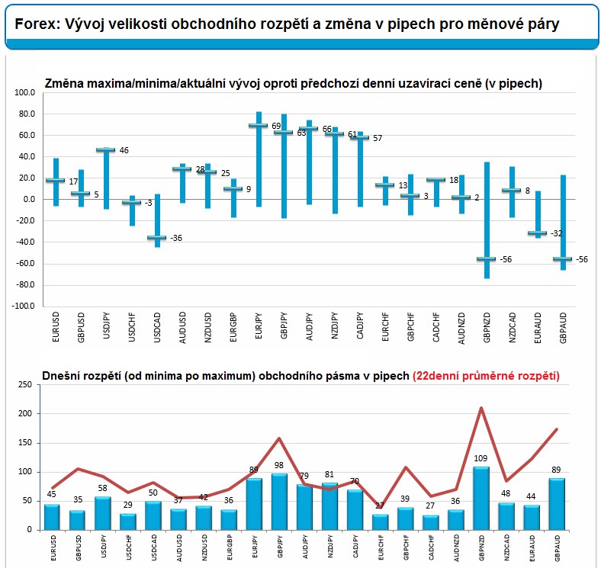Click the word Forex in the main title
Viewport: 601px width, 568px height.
pyautogui.click(x=37, y=24)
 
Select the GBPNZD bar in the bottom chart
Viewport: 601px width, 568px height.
pyautogui.click(x=481, y=499)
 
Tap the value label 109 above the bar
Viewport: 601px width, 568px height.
pyautogui.click(x=480, y=458)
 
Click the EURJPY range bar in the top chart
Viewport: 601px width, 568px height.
pyautogui.click(x=259, y=159)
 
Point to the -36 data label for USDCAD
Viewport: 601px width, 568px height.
pyautogui.click(x=176, y=238)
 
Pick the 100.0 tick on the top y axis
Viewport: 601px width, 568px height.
pyautogui.click(x=24, y=92)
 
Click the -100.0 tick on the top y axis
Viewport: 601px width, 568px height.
pyautogui.click(x=23, y=306)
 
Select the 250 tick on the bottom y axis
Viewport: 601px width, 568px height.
pyautogui.click(x=25, y=384)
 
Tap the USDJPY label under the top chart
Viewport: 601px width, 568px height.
pyautogui.click(x=107, y=326)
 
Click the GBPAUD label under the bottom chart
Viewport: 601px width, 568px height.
pyautogui.click(x=558, y=548)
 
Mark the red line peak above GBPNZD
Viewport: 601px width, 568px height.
pyautogui.click(x=481, y=408)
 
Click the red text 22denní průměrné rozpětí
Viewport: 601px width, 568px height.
pyautogui.click(x=486, y=376)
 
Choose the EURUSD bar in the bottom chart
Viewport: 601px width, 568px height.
pyautogui.click(x=52, y=517)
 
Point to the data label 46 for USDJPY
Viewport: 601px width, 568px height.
pyautogui.click(x=124, y=150)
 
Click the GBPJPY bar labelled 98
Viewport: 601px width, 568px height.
pyautogui.click(x=279, y=502)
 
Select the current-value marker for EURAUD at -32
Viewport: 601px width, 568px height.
pyautogui.click(x=538, y=233)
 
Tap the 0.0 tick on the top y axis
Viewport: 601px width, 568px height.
pyautogui.click(x=29, y=199)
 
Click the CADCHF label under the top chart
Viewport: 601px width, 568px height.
pyautogui.click(x=435, y=327)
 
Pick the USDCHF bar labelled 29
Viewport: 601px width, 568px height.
pyautogui.click(x=128, y=521)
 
